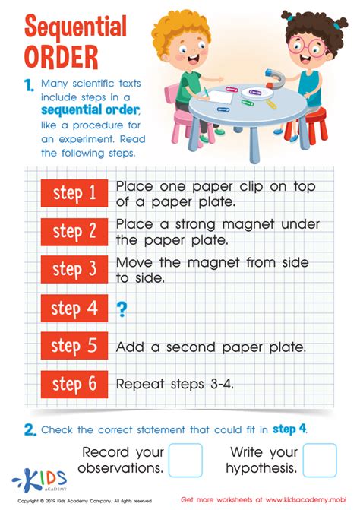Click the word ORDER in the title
pos(61,56)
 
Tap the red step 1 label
pos(74,193)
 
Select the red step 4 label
pos(74,308)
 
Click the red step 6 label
pos(74,384)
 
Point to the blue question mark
pos(122,309)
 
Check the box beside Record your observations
pos(185,460)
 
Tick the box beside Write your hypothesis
pos(320,460)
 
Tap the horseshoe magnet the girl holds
pos(274,78)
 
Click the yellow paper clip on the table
pos(270,104)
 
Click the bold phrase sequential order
pos(90,110)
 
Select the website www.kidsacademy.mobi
pos(306,499)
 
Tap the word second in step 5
pos(191,347)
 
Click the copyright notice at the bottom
pos(84,501)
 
